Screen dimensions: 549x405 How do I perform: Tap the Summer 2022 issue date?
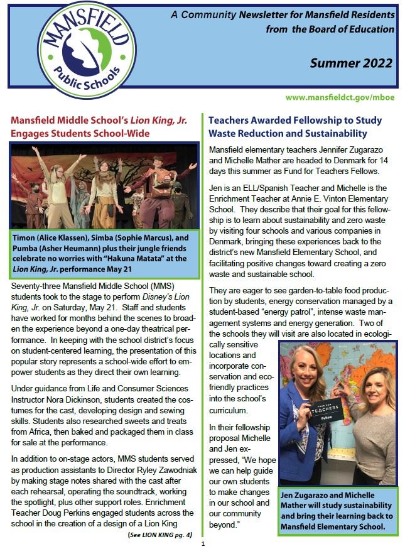[351, 63]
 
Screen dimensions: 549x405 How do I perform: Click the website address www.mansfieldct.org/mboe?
[339, 98]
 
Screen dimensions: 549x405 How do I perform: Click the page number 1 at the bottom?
[203, 544]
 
